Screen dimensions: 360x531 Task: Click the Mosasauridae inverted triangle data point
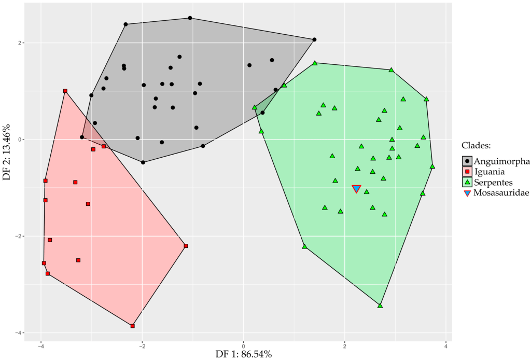(x=356, y=189)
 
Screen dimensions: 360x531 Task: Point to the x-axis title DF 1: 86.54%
(x=243, y=354)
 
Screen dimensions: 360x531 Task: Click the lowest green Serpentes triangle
(x=380, y=306)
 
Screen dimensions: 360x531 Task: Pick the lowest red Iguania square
(x=133, y=326)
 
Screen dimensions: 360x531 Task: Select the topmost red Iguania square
(x=65, y=91)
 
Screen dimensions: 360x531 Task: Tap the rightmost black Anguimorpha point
(x=314, y=39)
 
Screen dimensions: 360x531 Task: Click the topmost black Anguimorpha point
(x=190, y=18)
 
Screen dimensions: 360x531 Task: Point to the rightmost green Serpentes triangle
(x=432, y=167)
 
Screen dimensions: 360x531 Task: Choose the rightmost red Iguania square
(x=186, y=246)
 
